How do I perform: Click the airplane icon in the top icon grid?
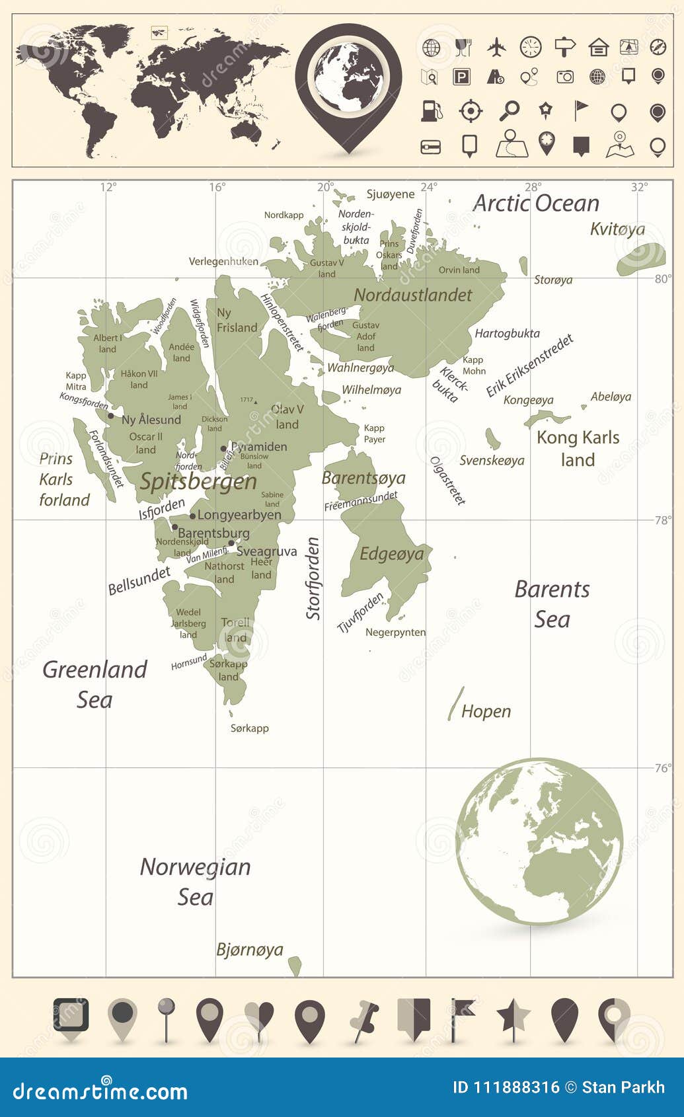coord(496,47)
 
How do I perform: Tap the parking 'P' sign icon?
coord(461,77)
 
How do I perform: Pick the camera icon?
coord(565,77)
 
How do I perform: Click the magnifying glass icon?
coord(509,110)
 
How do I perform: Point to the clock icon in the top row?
coord(530,47)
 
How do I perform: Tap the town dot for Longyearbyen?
coord(192,516)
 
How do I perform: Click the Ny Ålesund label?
coord(151,420)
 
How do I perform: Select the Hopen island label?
coord(486,712)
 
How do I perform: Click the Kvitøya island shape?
coord(640,259)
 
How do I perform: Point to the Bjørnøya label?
coord(250,950)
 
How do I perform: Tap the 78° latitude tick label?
coord(662,520)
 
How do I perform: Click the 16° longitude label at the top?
coord(217,187)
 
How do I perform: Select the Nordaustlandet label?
coord(413,295)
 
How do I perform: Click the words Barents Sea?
coord(552,603)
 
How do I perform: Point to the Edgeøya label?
coord(391,554)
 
